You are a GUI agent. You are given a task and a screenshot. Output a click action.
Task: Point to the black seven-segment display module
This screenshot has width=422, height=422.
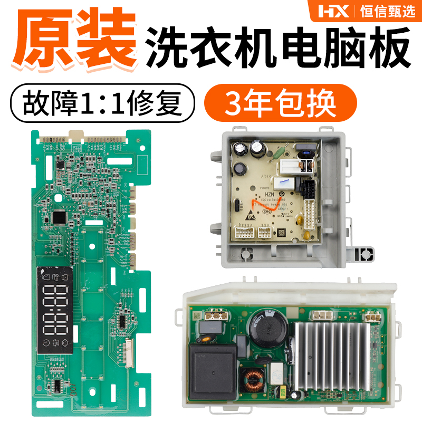tap(55, 311)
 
